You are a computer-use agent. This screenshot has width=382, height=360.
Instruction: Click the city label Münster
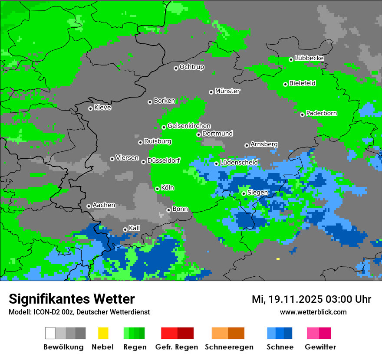(x=227, y=91)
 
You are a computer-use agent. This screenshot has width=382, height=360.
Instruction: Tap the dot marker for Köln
(x=157, y=189)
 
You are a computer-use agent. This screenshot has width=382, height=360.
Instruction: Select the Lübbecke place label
(x=309, y=58)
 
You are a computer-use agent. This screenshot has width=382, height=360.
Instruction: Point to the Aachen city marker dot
(x=89, y=206)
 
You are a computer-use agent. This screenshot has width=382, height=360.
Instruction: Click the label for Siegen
(x=257, y=193)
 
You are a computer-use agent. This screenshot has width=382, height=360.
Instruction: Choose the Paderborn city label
(x=321, y=113)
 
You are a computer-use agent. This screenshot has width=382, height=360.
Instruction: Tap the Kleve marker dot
(x=90, y=108)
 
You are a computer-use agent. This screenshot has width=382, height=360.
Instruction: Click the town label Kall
(x=135, y=228)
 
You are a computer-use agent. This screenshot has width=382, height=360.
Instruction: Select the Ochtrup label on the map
(x=191, y=67)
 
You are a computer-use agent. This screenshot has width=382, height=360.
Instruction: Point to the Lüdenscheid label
(x=239, y=162)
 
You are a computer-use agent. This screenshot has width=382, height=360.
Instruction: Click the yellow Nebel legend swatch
(x=103, y=333)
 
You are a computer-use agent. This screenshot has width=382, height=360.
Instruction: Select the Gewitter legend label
(x=320, y=347)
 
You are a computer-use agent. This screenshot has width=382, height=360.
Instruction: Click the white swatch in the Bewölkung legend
(x=50, y=333)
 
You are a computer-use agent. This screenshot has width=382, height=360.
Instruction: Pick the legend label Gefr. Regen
(x=177, y=347)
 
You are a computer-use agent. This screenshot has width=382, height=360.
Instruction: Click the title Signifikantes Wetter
(x=72, y=299)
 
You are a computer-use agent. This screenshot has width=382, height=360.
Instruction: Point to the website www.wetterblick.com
(x=313, y=312)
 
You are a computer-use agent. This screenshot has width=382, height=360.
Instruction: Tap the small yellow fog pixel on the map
(x=278, y=259)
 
